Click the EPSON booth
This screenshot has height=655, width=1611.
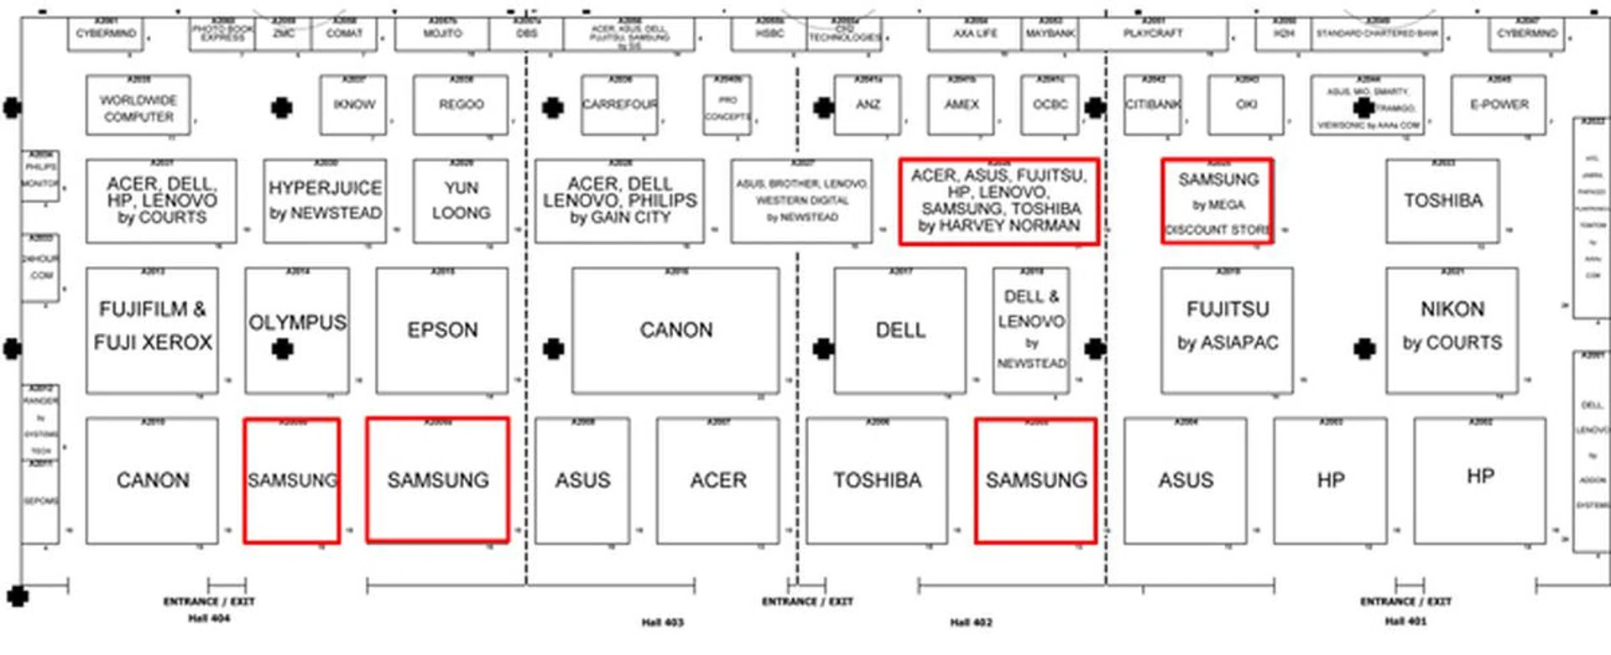click(x=442, y=330)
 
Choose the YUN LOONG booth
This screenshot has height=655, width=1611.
click(x=461, y=201)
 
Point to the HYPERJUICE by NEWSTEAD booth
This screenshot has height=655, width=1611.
click(x=325, y=201)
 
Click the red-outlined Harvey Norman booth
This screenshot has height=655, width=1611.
click(x=998, y=201)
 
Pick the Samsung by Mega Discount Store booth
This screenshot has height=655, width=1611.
click(x=1217, y=201)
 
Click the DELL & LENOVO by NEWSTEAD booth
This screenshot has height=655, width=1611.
click(x=1031, y=330)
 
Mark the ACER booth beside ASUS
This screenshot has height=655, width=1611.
click(x=718, y=481)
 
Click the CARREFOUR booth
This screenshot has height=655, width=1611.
click(x=620, y=105)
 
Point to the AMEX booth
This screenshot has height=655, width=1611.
click(x=962, y=105)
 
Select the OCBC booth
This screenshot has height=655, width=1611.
click(x=1050, y=105)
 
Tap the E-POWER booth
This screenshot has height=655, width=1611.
click(x=1499, y=105)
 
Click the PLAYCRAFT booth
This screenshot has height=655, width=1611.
click(x=1153, y=34)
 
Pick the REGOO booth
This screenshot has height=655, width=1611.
click(x=461, y=105)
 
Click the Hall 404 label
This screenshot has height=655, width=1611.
click(x=209, y=619)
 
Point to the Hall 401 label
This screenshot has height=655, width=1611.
click(x=1405, y=621)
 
